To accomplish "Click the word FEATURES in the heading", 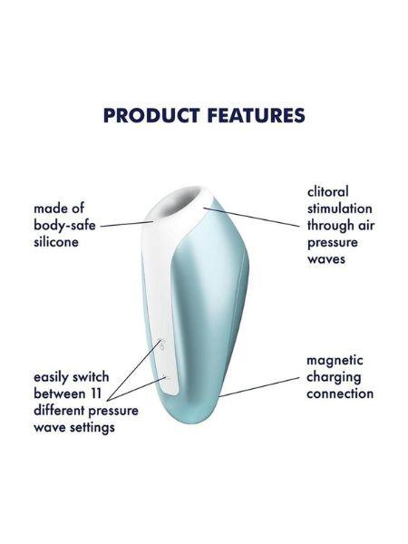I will click(x=254, y=115).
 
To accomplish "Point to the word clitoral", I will click(x=327, y=192).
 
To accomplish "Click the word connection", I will click(x=340, y=393).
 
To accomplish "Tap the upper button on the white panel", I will click(x=160, y=344).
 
